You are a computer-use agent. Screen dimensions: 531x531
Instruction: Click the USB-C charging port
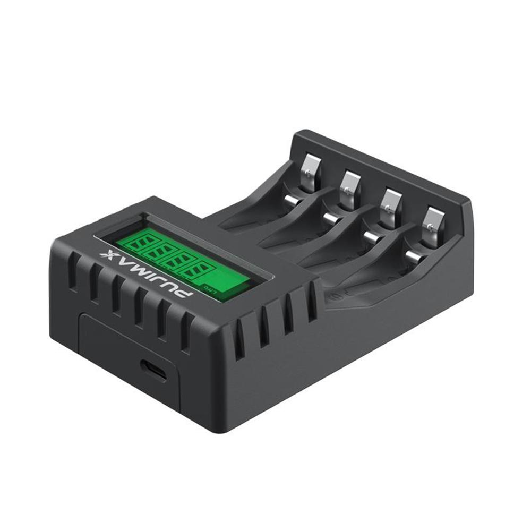153,370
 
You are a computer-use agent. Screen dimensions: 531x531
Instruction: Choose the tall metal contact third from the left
391,204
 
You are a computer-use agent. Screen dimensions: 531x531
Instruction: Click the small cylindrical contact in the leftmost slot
291,201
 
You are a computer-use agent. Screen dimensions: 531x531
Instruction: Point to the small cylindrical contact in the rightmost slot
414,258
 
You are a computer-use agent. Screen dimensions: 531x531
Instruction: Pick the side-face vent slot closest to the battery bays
312,301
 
